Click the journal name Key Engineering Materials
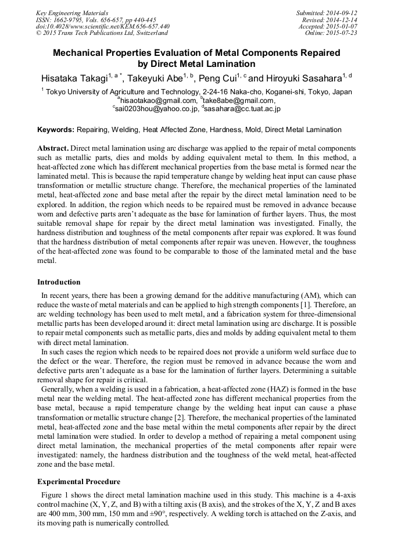pos(71,12)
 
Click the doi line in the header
pos(103,26)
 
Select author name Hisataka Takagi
pos(74,79)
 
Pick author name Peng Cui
pos(217,79)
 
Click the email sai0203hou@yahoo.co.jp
pos(157,108)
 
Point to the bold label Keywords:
pos(56,130)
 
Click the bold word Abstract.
pos(53,149)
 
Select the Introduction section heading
pos(59,282)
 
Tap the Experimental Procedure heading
pos(78,482)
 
